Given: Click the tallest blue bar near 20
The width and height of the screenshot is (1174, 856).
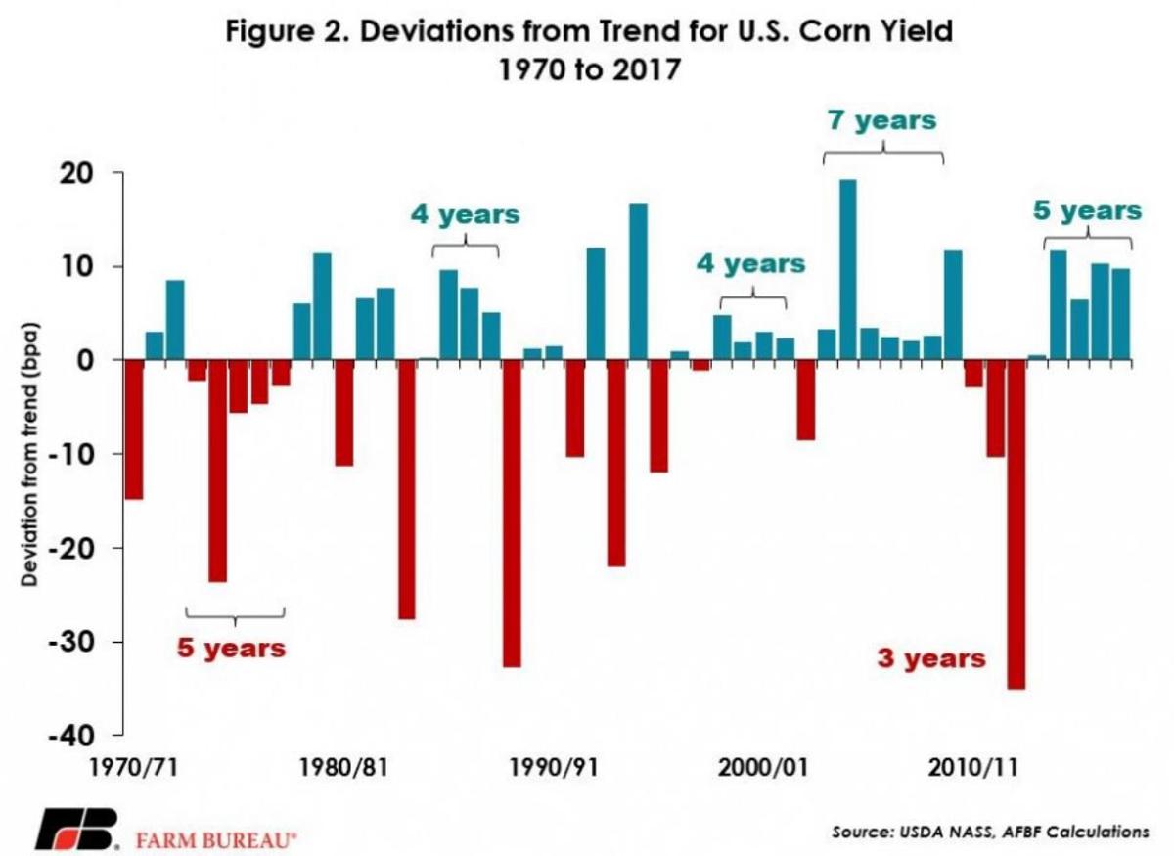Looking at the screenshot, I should point(847,269).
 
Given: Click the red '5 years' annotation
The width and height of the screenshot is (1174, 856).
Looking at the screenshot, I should point(232,648).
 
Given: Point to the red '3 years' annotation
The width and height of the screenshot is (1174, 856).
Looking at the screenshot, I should point(930,658).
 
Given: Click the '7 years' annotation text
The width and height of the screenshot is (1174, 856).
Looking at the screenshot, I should point(883,120).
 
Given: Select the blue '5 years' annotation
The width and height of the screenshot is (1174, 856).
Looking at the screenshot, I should point(1087,210).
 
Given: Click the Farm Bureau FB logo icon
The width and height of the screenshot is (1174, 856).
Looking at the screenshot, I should point(77,830).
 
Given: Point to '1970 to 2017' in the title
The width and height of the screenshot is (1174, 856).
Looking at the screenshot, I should point(588,71).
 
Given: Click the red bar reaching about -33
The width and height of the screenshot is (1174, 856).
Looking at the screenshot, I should point(512,513).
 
